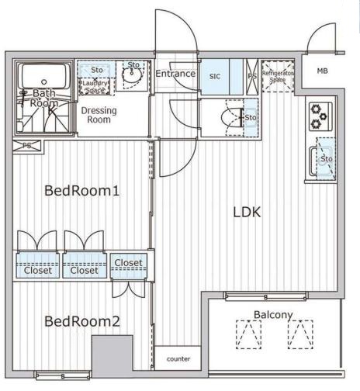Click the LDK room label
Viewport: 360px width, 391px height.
click(244, 212)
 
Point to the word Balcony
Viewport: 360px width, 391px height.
click(273, 314)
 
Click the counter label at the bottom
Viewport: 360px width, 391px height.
click(178, 359)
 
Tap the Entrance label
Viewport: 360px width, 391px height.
click(175, 74)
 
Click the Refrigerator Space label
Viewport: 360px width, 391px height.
click(276, 76)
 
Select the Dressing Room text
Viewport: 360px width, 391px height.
click(99, 116)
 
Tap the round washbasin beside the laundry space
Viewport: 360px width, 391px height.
click(133, 78)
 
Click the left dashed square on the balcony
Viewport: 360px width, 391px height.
click(248, 334)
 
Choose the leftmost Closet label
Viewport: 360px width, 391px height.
click(37, 271)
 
